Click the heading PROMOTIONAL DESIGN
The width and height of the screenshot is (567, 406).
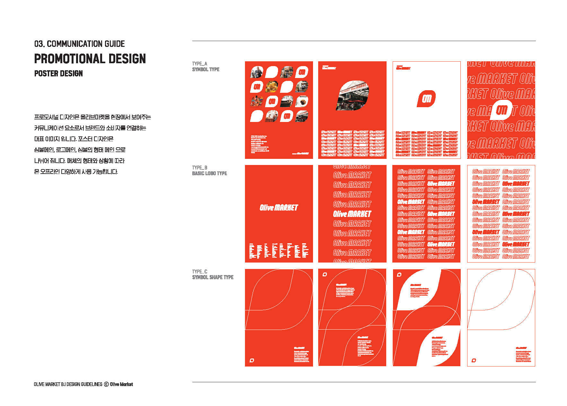tap(90, 59)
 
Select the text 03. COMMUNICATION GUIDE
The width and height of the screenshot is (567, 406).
tap(80, 44)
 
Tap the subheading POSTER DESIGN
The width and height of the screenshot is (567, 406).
tap(58, 73)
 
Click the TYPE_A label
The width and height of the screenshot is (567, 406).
tap(199, 64)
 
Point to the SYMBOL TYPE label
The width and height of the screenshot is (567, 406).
tap(205, 69)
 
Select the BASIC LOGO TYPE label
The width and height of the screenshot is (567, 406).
tap(209, 173)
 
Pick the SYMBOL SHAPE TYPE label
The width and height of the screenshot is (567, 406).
tap(213, 277)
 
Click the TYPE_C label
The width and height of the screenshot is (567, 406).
tap(199, 272)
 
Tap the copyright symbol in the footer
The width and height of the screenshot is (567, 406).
tap(106, 384)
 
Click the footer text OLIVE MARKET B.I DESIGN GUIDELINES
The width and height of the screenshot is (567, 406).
tap(68, 384)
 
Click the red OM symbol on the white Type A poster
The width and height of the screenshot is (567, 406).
tap(426, 99)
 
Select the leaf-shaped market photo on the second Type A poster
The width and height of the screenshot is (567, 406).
tap(352, 95)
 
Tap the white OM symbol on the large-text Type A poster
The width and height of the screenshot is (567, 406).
tap(501, 110)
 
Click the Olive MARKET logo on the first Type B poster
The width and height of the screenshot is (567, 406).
tap(279, 208)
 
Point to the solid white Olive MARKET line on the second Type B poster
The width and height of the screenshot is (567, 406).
tap(352, 214)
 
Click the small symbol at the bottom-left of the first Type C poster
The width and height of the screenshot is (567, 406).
tap(252, 360)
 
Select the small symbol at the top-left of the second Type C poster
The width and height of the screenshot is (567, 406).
tap(325, 274)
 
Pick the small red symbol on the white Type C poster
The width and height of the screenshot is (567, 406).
tap(474, 360)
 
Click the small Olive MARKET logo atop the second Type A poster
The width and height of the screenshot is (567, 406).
tap(329, 68)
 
